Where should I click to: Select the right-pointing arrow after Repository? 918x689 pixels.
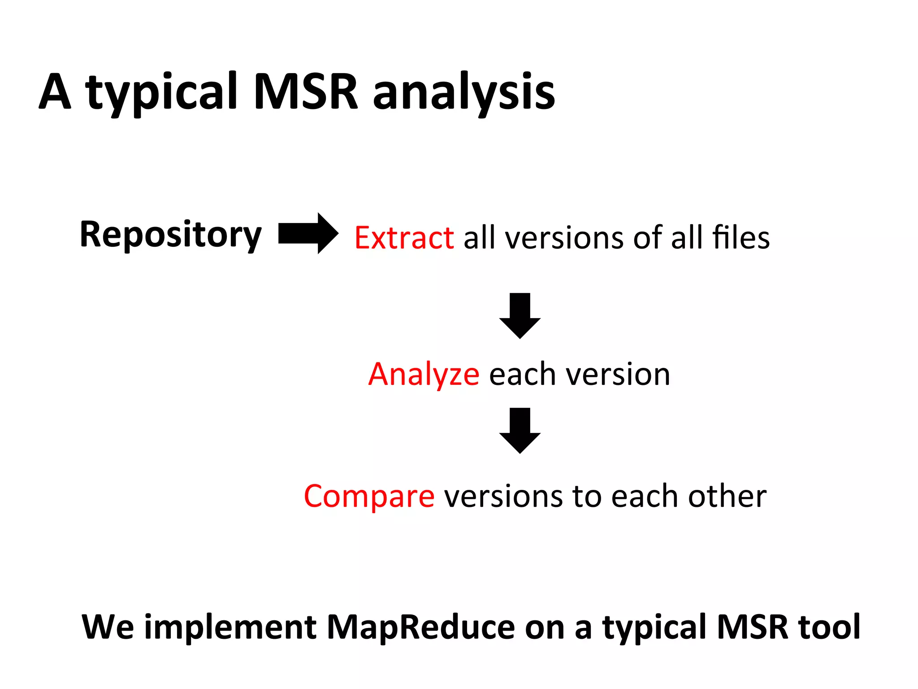click(308, 233)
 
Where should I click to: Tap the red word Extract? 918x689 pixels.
click(404, 237)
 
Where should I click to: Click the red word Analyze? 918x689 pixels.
click(424, 374)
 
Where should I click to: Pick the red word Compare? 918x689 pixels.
click(369, 496)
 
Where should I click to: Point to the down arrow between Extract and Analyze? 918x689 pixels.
click(520, 316)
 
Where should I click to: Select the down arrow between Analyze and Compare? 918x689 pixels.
click(520, 431)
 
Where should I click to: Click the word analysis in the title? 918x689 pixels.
click(464, 92)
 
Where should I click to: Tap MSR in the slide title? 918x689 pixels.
click(306, 92)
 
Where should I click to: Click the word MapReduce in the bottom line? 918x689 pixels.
click(421, 627)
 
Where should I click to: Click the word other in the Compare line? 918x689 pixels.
click(727, 496)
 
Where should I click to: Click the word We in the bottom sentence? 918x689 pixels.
click(108, 627)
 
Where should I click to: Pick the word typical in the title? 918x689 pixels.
click(161, 93)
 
